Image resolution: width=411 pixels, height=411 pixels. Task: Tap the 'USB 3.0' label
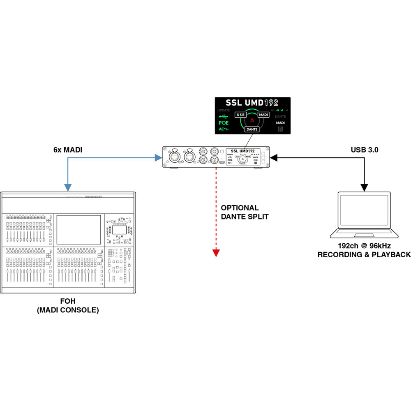(365, 150)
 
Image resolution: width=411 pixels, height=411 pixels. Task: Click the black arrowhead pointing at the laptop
(364, 188)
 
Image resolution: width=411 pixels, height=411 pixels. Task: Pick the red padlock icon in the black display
(252, 120)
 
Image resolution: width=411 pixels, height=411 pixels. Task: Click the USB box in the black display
(241, 115)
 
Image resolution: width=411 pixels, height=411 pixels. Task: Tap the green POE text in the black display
(224, 123)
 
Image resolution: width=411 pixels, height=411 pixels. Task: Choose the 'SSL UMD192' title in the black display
(252, 103)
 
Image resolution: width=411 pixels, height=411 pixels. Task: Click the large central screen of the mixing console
(79, 229)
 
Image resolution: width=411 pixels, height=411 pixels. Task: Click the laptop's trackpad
(364, 235)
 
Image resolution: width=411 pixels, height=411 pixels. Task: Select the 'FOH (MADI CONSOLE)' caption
(68, 305)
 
